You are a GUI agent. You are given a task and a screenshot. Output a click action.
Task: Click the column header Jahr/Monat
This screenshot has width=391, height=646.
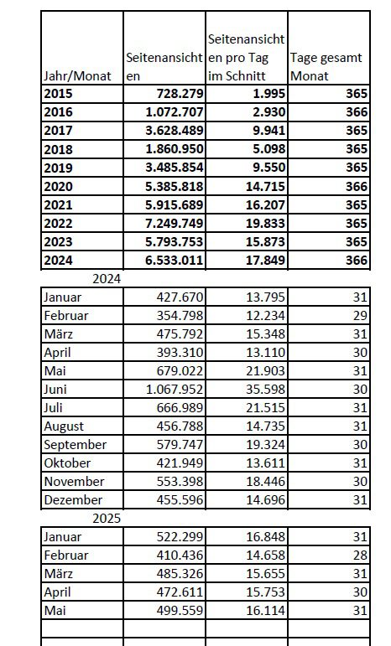point(77,75)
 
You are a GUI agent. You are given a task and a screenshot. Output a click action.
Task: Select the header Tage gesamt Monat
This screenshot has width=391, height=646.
point(326,67)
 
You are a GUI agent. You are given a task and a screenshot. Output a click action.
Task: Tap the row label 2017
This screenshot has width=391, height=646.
point(58,131)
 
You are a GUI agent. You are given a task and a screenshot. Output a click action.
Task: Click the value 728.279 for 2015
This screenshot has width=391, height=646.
point(180,94)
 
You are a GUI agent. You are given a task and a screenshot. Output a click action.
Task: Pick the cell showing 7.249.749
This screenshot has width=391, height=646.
point(175,224)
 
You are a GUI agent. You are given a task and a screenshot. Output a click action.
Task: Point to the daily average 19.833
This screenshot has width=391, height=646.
point(265,224)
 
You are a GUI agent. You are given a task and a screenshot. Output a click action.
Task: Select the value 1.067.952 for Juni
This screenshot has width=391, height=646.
point(175,390)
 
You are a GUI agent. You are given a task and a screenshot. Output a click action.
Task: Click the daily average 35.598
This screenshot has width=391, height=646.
point(265,390)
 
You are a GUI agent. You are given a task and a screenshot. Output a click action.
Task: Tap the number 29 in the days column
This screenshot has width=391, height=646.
point(360,316)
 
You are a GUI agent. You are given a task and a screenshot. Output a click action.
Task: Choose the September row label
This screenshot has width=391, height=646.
point(75,445)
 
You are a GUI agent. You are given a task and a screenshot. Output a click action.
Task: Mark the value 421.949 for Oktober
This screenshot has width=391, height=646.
point(180,463)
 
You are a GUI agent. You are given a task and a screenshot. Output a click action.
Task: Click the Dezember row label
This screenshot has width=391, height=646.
point(73,499)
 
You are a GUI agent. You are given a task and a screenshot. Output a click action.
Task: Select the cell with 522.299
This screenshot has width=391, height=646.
point(180,537)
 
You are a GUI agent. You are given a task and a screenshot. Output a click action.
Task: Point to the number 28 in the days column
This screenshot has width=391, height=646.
point(360,555)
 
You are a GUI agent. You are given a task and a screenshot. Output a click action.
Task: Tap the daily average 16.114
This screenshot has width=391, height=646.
point(265,611)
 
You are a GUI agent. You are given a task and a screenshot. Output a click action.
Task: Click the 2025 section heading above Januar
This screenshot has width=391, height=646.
point(107,519)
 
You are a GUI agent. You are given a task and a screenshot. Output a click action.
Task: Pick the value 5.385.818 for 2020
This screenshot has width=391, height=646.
point(175,186)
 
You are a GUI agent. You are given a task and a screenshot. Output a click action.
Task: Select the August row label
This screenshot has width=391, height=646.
point(64,426)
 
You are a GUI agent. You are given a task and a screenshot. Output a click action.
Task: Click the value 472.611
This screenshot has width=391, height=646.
point(180,592)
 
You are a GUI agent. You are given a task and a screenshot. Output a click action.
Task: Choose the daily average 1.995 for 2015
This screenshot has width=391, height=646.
point(268,94)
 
